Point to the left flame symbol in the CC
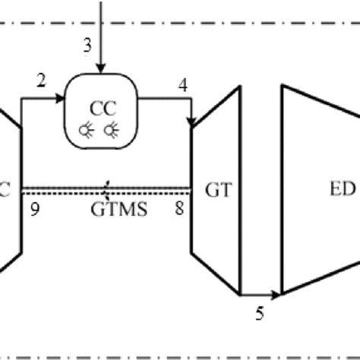pos(90,129)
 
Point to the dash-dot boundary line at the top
pos(180,24)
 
